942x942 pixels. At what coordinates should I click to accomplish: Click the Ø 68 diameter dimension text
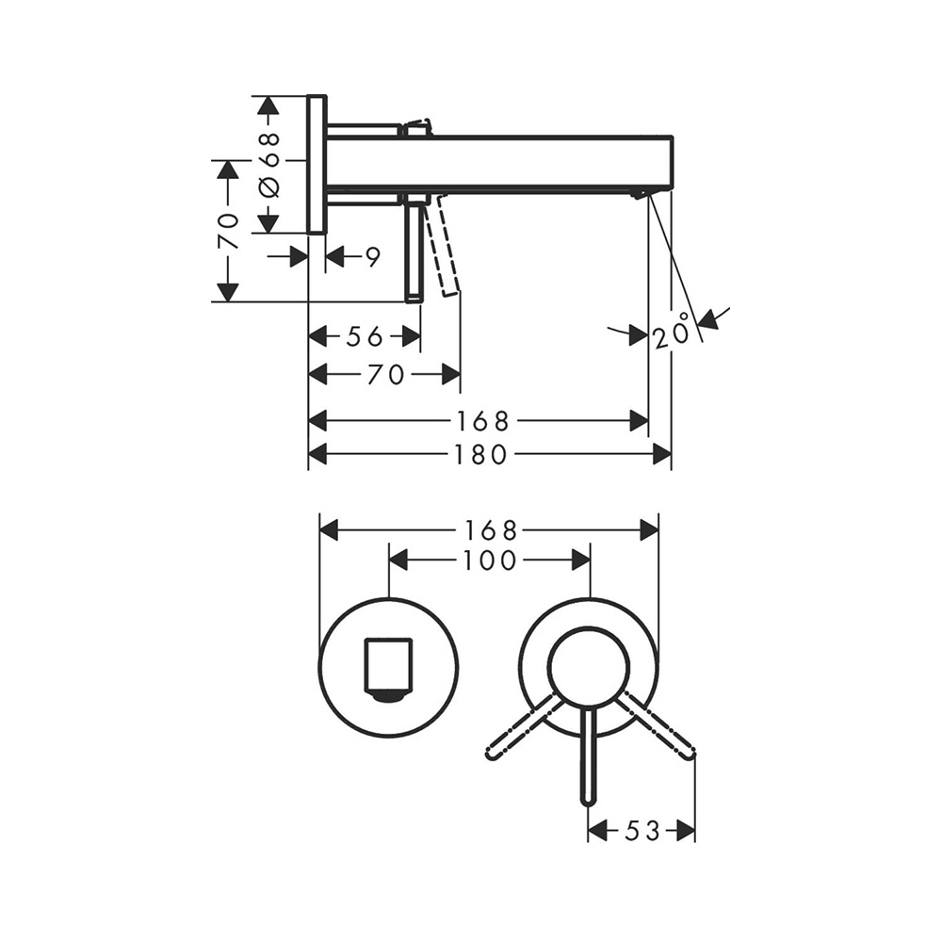[x=270, y=165]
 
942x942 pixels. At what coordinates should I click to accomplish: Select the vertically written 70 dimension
[x=228, y=231]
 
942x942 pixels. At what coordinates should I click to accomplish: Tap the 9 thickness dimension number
[x=373, y=257]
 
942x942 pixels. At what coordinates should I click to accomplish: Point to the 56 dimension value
[x=365, y=336]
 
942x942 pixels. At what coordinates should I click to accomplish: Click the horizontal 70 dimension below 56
[x=385, y=375]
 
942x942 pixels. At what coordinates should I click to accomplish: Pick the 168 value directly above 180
[x=483, y=421]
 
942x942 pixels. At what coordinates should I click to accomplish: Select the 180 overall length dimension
[x=480, y=454]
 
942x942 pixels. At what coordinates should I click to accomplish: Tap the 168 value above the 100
[x=491, y=530]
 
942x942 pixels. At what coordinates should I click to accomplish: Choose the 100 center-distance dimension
[x=490, y=560]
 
